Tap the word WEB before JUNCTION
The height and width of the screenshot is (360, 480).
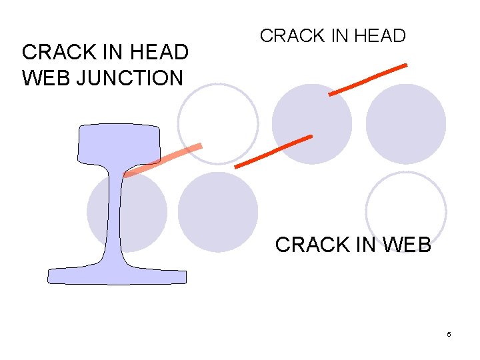(47, 78)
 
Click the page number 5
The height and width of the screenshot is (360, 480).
(449, 334)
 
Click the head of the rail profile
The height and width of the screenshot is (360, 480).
(119, 143)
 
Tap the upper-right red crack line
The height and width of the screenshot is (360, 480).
(368, 79)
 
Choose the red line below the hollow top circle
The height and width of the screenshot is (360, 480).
(274, 151)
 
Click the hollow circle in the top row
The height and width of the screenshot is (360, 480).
(218, 123)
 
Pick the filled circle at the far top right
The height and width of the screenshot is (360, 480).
(406, 123)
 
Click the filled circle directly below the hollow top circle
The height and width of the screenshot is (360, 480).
(218, 211)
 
